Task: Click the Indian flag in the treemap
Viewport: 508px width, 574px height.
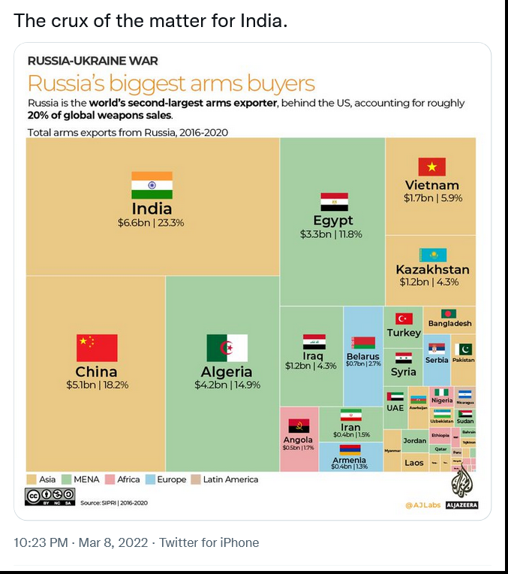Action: pos(152,185)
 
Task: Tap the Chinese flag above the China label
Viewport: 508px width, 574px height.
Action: pos(97,348)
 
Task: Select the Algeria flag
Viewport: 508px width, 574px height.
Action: pos(227,348)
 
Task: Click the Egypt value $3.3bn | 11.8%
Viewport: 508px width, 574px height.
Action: pos(331,234)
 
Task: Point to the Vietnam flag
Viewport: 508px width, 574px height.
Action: pos(431,167)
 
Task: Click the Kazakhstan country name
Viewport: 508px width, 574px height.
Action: pos(432,270)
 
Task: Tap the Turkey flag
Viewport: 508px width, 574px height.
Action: pos(404,319)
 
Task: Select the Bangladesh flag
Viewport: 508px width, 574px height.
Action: pos(449,313)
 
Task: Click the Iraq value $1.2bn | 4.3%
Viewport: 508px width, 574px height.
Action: pos(311,366)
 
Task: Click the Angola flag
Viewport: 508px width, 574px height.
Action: pos(299,425)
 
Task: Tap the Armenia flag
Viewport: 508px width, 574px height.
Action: pos(350,449)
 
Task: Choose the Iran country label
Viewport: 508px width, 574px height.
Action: pos(350,427)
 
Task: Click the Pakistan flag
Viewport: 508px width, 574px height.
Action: pos(464,349)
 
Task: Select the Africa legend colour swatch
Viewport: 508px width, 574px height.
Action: pos(110,479)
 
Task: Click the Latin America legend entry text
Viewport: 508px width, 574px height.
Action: pos(230,479)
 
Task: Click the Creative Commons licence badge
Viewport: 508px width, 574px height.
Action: pos(50,495)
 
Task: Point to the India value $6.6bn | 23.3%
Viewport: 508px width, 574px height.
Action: pos(151,223)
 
